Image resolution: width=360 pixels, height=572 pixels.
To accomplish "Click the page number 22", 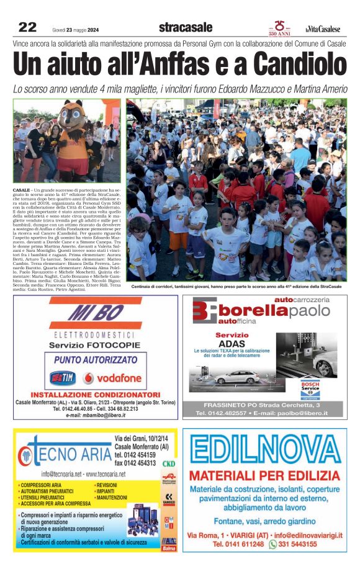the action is (28, 27).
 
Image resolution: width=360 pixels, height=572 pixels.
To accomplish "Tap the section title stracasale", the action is (185, 27).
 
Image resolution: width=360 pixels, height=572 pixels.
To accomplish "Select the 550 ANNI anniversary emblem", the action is (279, 27).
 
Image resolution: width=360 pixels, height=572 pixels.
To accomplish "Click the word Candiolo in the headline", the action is (300, 65).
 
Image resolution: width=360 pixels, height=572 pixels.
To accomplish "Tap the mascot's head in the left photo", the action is (73, 112).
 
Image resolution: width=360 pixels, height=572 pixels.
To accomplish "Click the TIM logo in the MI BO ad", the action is (63, 377).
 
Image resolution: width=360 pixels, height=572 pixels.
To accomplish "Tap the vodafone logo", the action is (112, 377).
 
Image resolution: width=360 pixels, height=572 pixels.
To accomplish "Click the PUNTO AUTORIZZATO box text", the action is (96, 359).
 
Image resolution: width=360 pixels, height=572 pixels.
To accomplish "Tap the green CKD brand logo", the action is (168, 463).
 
